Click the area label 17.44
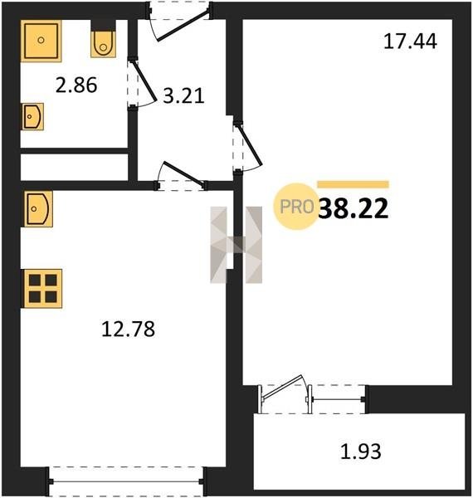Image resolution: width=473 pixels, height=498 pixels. (410, 41)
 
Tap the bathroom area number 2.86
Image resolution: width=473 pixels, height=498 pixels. (76, 85)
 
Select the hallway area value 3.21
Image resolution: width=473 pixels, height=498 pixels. (183, 95)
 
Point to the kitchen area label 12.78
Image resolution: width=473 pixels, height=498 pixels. (129, 329)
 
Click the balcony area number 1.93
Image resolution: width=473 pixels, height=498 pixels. (361, 452)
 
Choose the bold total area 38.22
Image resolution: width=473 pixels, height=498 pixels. (353, 208)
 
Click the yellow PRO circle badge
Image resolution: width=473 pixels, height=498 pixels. (296, 207)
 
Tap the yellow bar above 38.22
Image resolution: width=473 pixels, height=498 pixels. (353, 184)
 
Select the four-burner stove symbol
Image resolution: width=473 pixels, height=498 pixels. (43, 289)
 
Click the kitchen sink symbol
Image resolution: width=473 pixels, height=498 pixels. (38, 209)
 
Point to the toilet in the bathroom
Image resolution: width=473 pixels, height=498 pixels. (103, 44)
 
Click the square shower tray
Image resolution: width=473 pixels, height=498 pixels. (41, 41)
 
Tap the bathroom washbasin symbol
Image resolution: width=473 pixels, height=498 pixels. (32, 116)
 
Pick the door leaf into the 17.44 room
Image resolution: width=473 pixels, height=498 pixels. (251, 145)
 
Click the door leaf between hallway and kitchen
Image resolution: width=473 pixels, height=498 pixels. (183, 173)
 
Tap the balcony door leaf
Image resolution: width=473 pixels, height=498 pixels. (282, 387)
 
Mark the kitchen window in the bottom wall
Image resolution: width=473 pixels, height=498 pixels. (126, 481)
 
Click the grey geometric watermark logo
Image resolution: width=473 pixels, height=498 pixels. (236, 245)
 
